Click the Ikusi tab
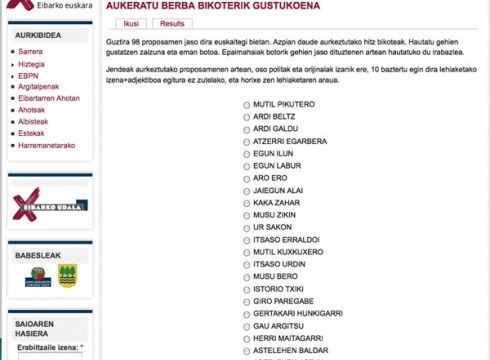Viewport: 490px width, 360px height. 130,23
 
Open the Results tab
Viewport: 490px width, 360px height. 172,23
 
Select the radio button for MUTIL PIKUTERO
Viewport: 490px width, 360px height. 247,104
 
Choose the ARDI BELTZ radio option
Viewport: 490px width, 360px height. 247,116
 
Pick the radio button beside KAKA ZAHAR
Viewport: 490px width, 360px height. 247,202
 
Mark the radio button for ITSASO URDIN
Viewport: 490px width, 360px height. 247,264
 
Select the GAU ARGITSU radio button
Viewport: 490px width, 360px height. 247,326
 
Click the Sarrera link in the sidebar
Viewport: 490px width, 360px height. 30,50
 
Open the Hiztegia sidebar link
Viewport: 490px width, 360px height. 32,62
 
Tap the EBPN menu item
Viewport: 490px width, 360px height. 28,74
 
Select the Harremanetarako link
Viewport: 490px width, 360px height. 47,146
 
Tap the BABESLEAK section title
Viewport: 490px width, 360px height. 38,255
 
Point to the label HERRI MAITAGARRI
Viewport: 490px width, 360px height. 291,338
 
